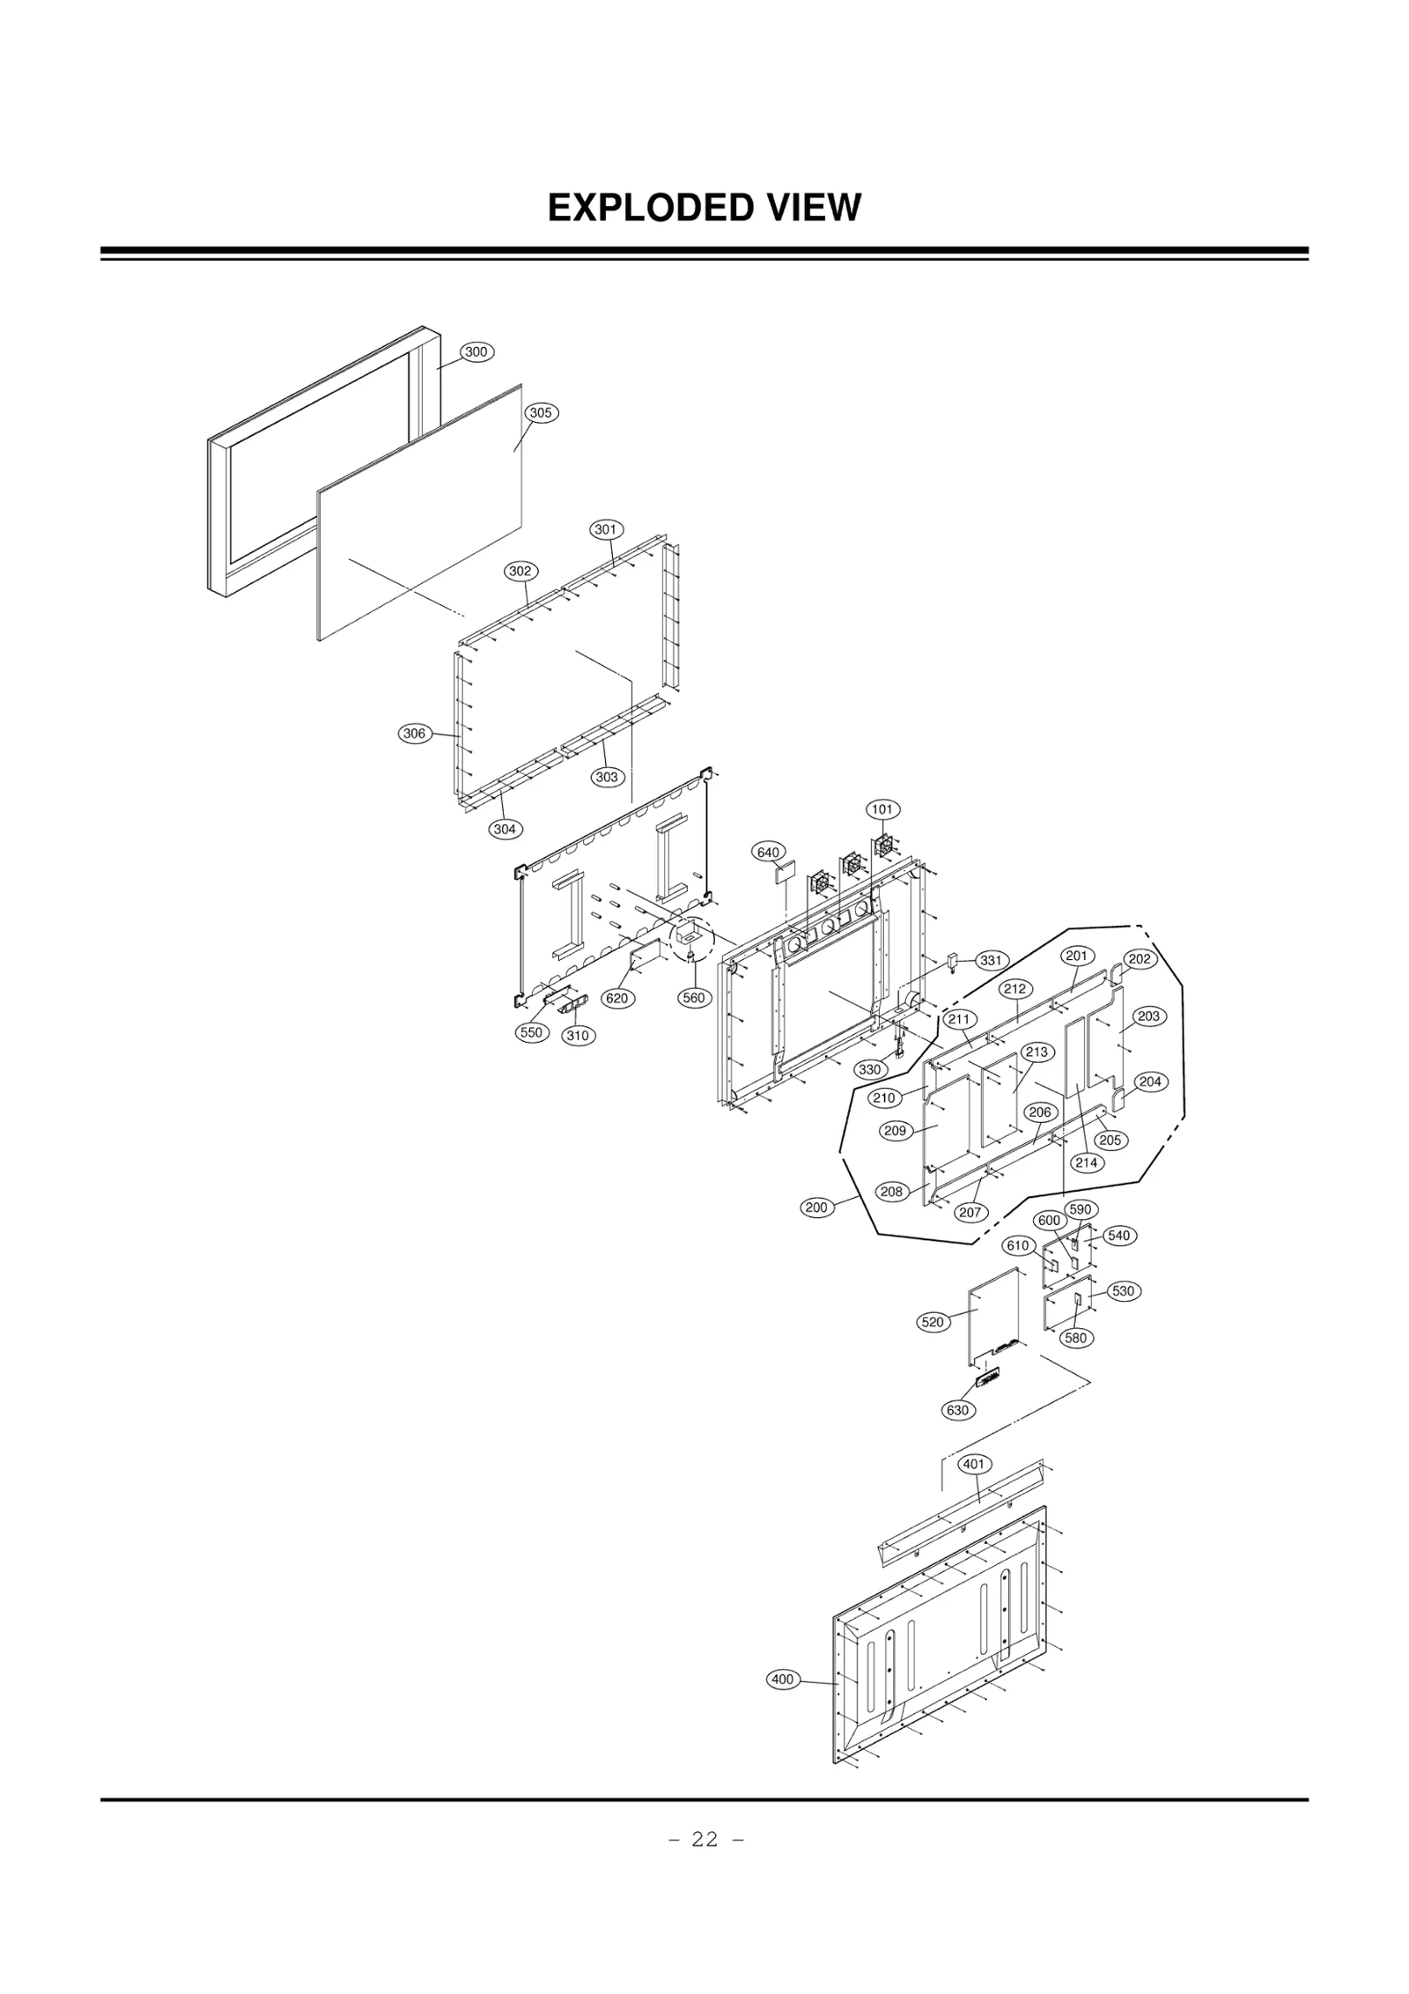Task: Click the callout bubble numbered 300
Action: pyautogui.click(x=476, y=352)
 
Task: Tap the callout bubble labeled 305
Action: pyautogui.click(x=541, y=413)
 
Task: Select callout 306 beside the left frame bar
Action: pyautogui.click(x=414, y=734)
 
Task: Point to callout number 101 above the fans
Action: pyautogui.click(x=882, y=809)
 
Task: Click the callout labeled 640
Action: pyautogui.click(x=769, y=853)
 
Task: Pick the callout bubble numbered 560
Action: pyautogui.click(x=694, y=998)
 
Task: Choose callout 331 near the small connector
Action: pyautogui.click(x=991, y=961)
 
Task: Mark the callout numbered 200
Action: pyautogui.click(x=816, y=1207)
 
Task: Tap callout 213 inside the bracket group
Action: pyautogui.click(x=1037, y=1052)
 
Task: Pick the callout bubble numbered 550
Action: pyautogui.click(x=532, y=1032)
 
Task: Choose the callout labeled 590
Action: pyautogui.click(x=1081, y=1209)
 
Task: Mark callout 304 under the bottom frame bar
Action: pyautogui.click(x=505, y=829)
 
